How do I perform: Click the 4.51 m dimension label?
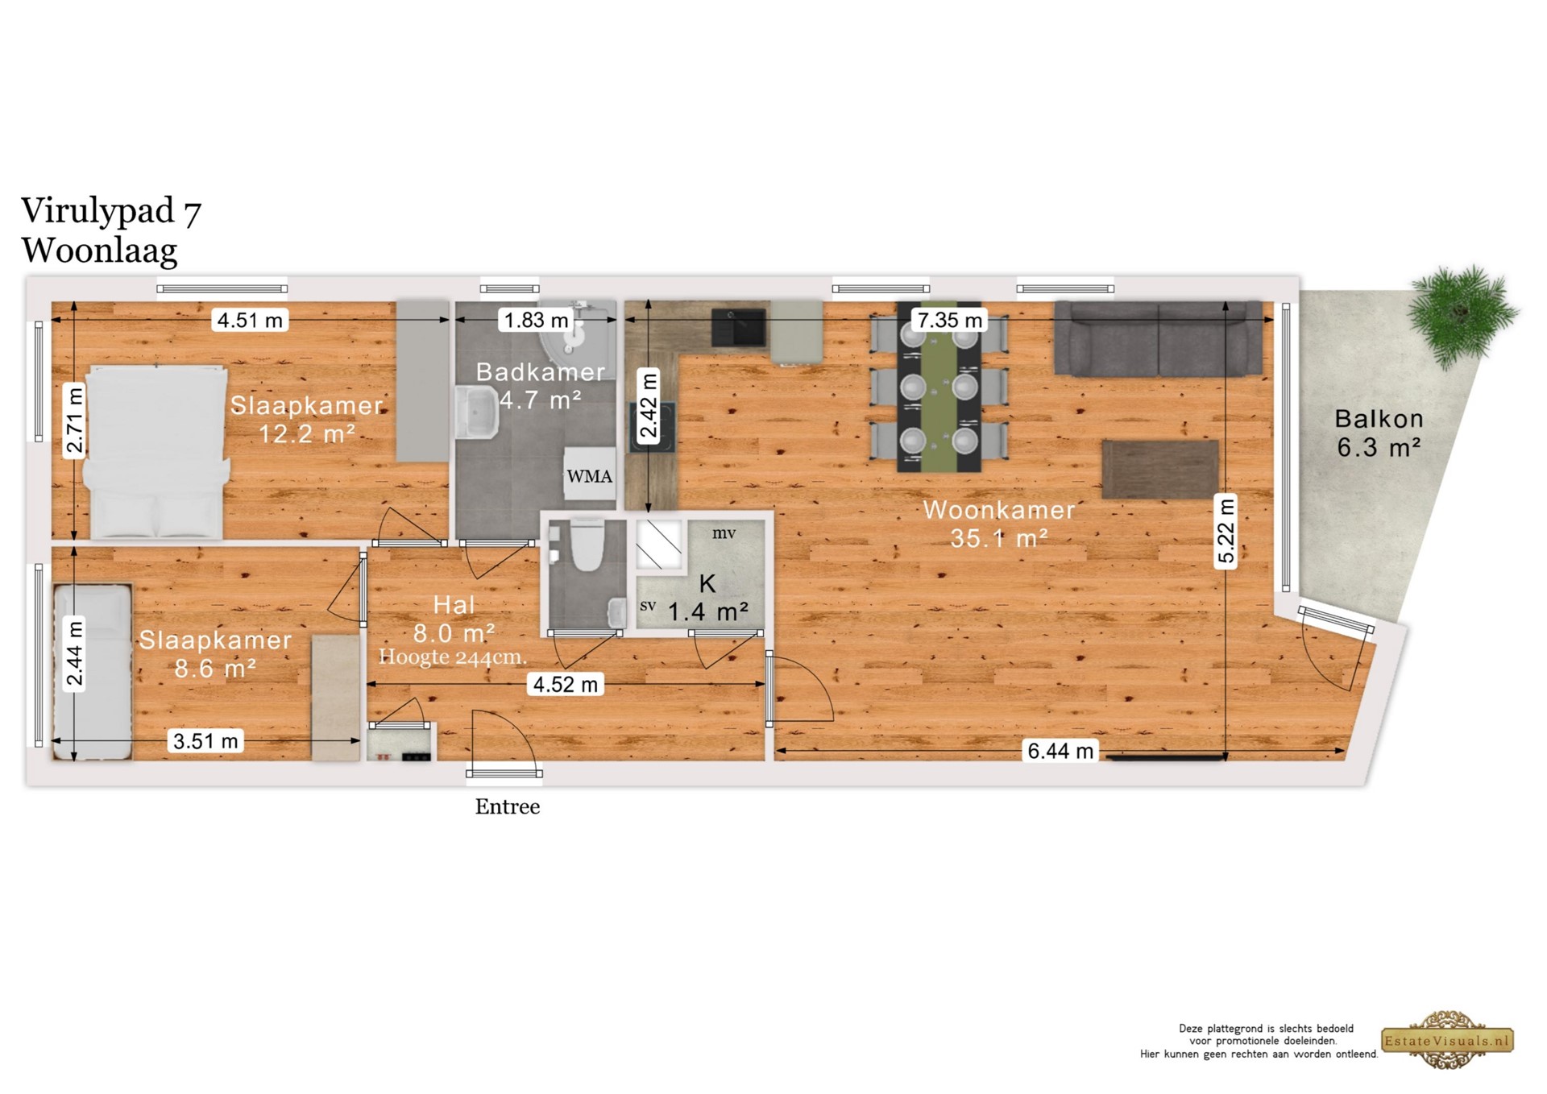(x=250, y=320)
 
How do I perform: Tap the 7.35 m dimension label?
(x=950, y=320)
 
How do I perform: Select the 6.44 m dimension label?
(x=1060, y=751)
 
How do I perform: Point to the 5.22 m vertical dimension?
(x=1226, y=531)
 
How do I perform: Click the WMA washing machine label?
(x=589, y=476)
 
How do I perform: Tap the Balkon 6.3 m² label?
(x=1379, y=433)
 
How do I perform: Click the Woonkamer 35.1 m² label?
(x=999, y=524)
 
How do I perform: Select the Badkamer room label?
(x=540, y=372)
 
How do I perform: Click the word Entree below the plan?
(x=508, y=806)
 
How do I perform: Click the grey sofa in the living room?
(x=1159, y=339)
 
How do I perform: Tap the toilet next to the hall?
(x=587, y=544)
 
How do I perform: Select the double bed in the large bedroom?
(x=156, y=452)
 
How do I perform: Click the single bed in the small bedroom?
(x=93, y=672)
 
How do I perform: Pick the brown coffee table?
(x=1160, y=470)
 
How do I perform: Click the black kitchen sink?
(x=738, y=327)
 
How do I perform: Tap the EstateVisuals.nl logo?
(x=1448, y=1040)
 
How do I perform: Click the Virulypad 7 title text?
(x=111, y=211)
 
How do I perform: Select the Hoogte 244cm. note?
(x=453, y=657)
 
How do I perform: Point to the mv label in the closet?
(x=724, y=533)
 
